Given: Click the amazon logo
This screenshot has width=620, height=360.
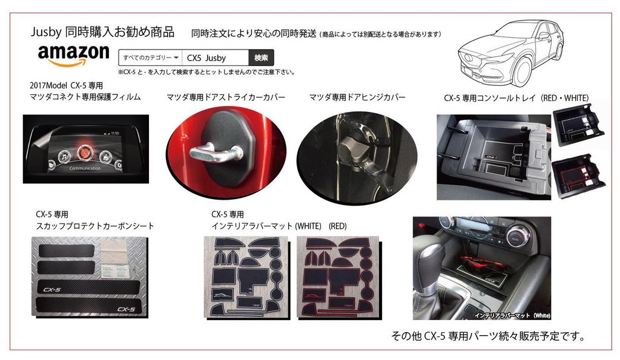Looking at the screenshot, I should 73,55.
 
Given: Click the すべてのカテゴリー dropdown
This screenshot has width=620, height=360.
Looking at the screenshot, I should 150,58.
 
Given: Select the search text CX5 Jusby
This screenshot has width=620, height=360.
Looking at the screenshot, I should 207,58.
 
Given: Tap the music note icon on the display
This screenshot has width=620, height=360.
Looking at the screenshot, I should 62,156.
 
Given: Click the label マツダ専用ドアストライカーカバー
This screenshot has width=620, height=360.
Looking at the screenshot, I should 225,97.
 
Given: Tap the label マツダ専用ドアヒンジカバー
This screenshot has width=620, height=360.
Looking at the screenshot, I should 357,97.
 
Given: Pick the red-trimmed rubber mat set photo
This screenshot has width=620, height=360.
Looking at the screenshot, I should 337,276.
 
